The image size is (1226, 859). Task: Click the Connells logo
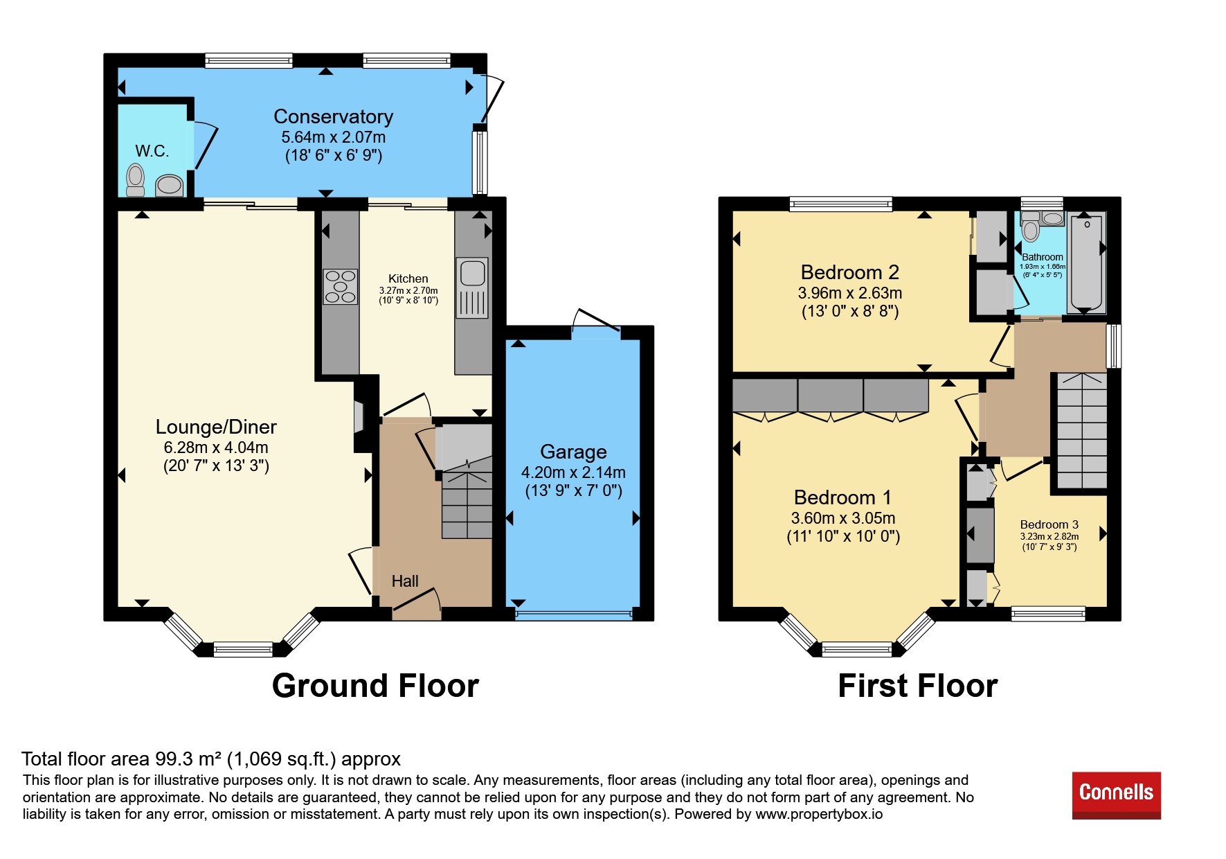[x=1116, y=795]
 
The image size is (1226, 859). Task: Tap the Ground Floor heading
[x=375, y=686]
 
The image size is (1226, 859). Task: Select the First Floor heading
[x=917, y=686]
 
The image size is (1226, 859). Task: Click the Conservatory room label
[x=334, y=116]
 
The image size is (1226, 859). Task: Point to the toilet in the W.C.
[x=136, y=179]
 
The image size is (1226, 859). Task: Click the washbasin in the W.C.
[x=169, y=185]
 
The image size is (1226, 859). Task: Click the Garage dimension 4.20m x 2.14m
[x=573, y=472]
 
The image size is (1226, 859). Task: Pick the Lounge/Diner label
[x=216, y=427]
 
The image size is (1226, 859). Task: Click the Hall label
[x=405, y=581]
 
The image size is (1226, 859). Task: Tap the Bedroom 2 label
[x=850, y=272]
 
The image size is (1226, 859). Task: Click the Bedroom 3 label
[x=1049, y=524]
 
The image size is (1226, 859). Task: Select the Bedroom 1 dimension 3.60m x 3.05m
[x=843, y=518]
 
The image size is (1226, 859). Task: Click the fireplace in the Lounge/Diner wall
[x=358, y=416]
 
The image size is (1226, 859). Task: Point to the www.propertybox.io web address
[x=819, y=814]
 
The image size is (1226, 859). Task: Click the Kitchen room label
[x=408, y=278]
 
